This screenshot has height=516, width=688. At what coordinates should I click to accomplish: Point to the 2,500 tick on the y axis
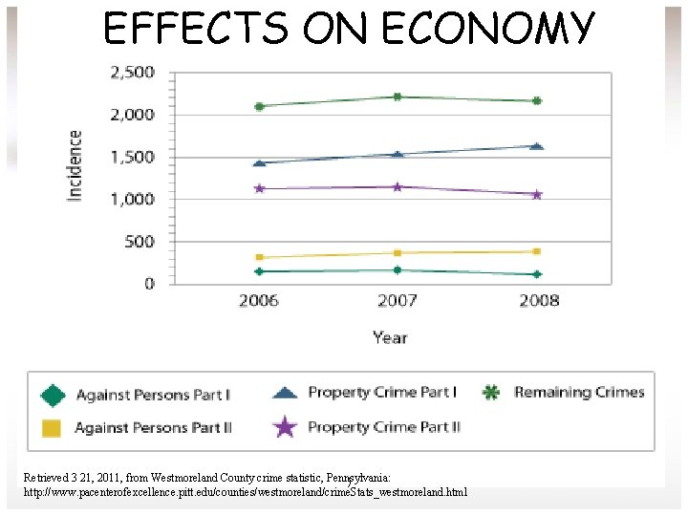[x=133, y=73]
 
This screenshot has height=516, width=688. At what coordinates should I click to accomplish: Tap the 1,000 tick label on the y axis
[x=133, y=200]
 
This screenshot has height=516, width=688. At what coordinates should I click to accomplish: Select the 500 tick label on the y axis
[x=140, y=242]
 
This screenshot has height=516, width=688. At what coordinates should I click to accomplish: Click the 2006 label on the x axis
[x=258, y=301]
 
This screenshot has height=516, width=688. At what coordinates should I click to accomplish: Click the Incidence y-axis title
[x=75, y=165]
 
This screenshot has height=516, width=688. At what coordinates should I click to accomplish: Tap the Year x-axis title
[x=390, y=337]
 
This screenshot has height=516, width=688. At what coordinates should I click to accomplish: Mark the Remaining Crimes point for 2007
[x=397, y=97]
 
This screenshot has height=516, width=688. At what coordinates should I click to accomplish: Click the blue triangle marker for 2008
[x=536, y=146]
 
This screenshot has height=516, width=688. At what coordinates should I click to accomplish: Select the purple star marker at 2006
[x=258, y=188]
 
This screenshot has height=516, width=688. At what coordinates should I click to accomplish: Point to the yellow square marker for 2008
[x=536, y=251]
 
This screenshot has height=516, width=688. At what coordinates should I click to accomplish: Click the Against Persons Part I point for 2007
[x=397, y=270]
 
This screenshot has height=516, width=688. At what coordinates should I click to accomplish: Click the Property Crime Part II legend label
[x=383, y=427]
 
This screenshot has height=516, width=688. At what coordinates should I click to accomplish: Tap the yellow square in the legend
[x=52, y=428]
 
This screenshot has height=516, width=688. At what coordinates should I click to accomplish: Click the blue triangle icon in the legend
[x=285, y=393]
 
